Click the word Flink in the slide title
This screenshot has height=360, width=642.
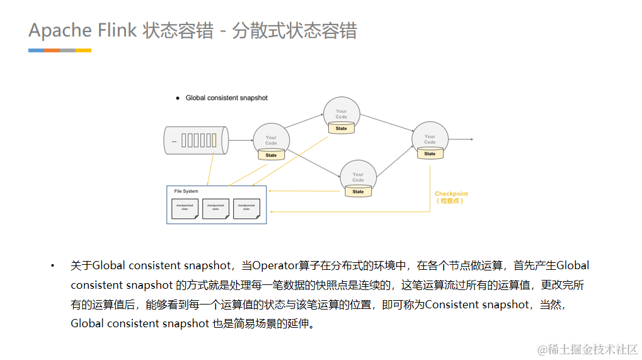[x=117, y=30]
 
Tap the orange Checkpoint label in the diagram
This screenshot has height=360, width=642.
[x=451, y=194]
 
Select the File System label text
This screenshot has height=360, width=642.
[x=186, y=191]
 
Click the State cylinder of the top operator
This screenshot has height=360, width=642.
[x=341, y=128]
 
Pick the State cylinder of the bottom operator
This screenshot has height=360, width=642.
[x=358, y=191]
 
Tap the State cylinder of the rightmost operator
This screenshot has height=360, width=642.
[x=430, y=153]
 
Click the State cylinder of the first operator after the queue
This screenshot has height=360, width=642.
[x=271, y=154]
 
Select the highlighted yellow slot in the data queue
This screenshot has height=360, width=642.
[x=214, y=141]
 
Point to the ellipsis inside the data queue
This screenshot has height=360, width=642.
[x=174, y=141]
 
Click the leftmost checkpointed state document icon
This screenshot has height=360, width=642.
[x=185, y=209]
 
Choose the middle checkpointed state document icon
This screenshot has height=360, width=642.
[x=215, y=209]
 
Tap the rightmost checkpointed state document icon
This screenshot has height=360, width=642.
[x=246, y=209]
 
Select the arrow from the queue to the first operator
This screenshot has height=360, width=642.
[x=240, y=141]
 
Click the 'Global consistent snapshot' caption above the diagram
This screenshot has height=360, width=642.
[x=226, y=98]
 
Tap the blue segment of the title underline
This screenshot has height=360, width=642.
[x=36, y=50]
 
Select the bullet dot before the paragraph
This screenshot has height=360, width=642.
[x=53, y=266]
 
